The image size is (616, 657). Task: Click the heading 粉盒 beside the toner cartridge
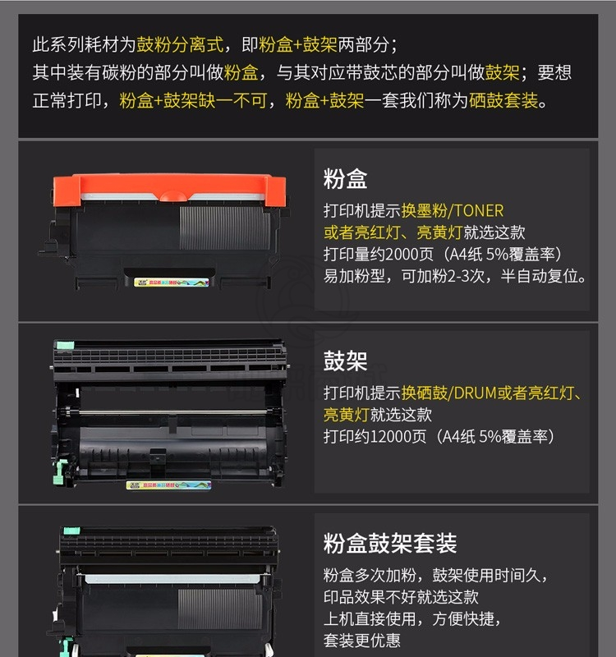point(345,179)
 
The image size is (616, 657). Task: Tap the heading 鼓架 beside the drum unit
point(345,361)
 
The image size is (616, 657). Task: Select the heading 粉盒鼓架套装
point(389,544)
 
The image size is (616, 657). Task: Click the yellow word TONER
point(479,211)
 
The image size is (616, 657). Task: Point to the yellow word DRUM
point(476,393)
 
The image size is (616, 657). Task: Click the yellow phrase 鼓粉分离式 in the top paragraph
point(180,44)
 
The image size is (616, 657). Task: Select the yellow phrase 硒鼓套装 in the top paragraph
point(503,100)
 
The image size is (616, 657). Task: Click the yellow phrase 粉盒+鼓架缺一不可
point(193,100)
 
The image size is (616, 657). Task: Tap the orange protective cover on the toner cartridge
point(170,190)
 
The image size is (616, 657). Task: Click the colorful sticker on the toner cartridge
point(172,283)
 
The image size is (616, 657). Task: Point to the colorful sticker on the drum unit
point(168,485)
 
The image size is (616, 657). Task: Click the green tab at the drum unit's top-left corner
point(65,346)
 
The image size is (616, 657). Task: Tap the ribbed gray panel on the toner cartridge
point(225,228)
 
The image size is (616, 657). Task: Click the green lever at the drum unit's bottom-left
point(60,471)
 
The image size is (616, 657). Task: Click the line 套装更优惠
point(362,641)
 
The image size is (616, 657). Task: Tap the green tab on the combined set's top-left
point(71,531)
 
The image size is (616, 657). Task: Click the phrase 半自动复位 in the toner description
point(540,276)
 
